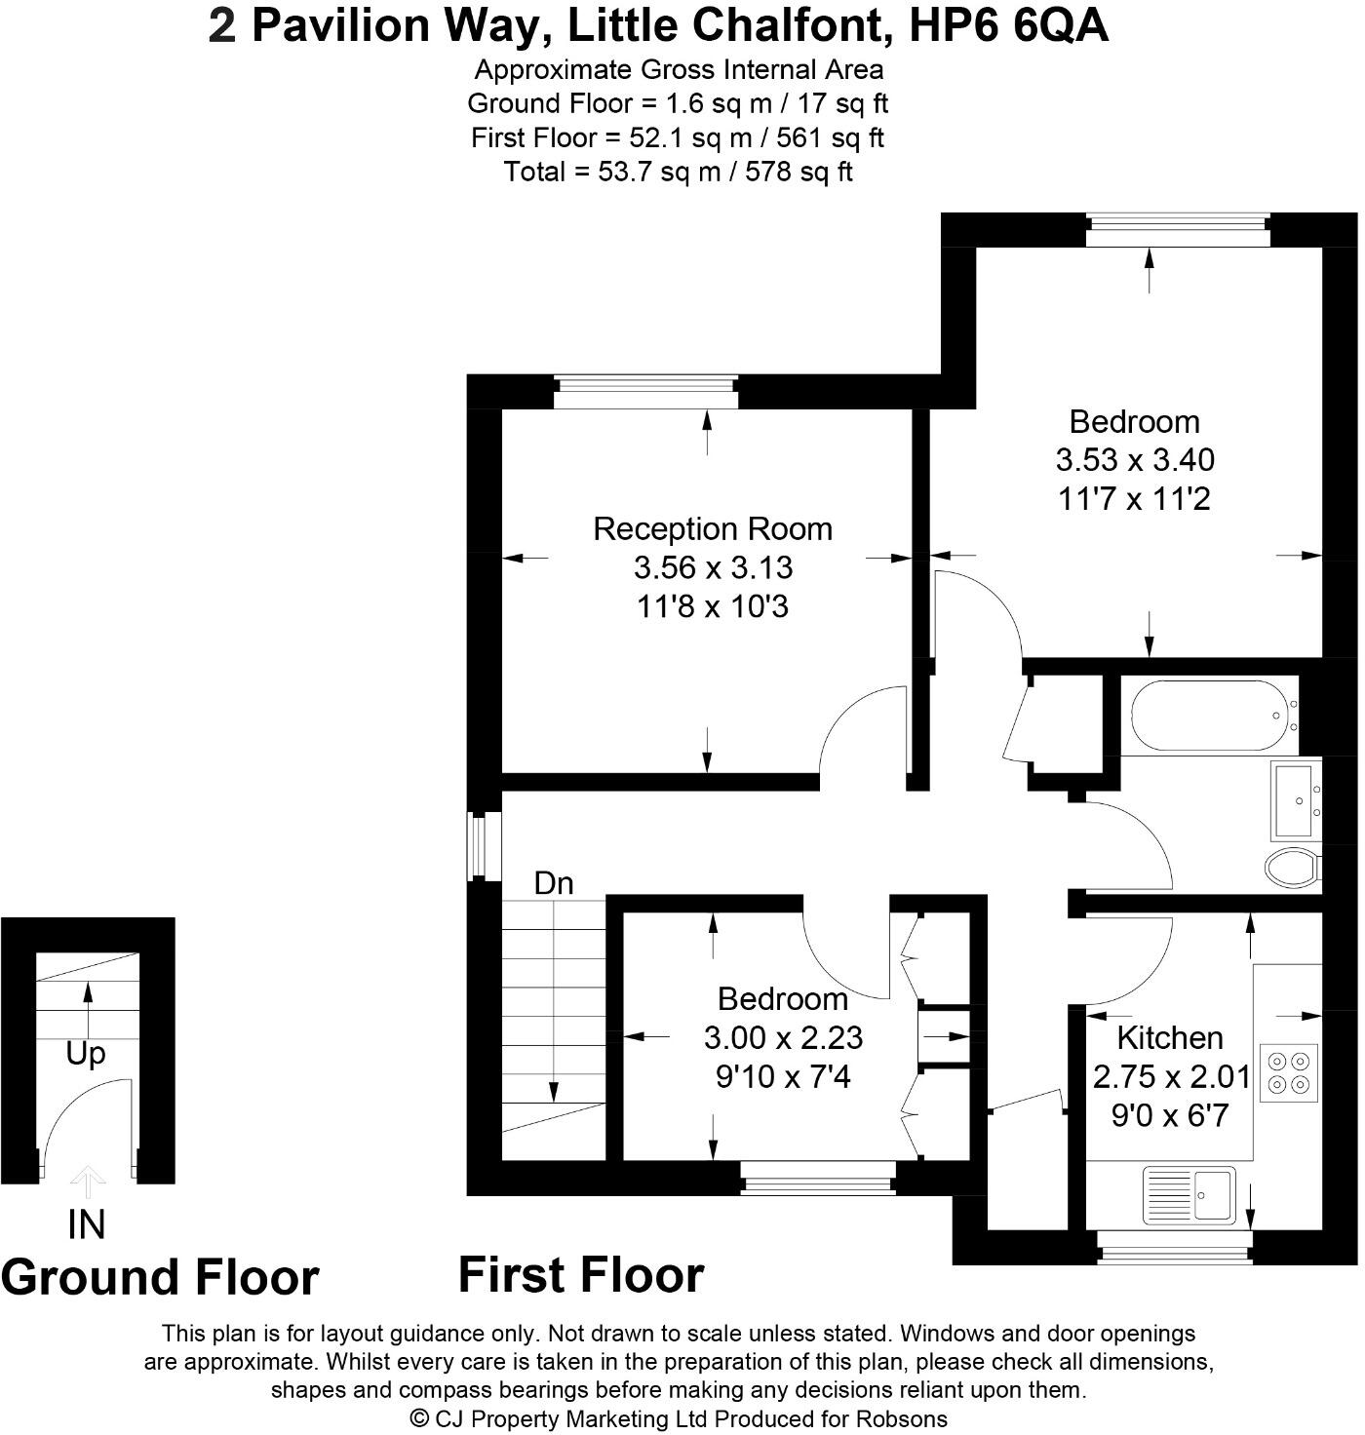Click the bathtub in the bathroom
tap(1209, 716)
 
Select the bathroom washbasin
tap(1296, 800)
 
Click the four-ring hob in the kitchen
tap(1288, 1072)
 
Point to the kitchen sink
tap(1189, 1193)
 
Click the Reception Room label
tap(713, 529)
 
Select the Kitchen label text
tap(1169, 1037)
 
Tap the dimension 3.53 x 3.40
tap(1134, 460)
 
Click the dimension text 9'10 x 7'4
tap(783, 1077)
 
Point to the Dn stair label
tap(554, 883)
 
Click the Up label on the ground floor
tap(86, 1054)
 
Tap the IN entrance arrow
tap(88, 1183)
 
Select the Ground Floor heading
tap(160, 1277)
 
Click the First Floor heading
tap(581, 1275)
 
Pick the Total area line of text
tap(678, 173)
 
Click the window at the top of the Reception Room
tap(645, 393)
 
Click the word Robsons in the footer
tap(902, 1418)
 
